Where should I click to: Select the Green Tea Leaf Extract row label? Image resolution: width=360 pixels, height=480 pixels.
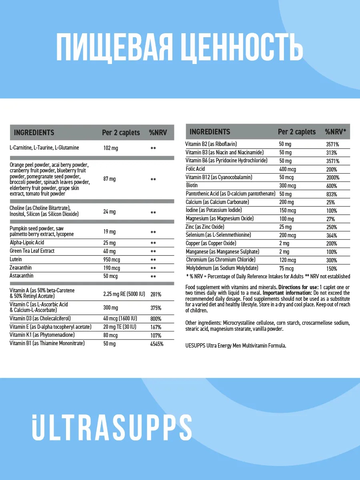click(32, 251)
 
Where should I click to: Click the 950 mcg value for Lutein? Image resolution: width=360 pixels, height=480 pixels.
click(112, 260)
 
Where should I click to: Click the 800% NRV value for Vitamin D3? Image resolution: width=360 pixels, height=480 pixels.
click(156, 319)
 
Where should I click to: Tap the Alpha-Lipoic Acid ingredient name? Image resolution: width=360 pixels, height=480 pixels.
click(27, 242)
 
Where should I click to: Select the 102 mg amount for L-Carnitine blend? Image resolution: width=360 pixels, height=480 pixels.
click(111, 148)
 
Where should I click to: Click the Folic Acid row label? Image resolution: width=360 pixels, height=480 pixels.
click(195, 169)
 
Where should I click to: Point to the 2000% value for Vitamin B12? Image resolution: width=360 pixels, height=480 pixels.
click(332, 178)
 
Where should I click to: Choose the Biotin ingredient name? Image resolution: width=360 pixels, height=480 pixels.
click(192, 186)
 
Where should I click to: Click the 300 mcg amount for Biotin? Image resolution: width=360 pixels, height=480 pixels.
click(288, 186)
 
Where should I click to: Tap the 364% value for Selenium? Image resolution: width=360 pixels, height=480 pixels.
click(332, 236)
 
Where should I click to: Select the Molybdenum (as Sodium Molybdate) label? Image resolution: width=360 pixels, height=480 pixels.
click(222, 268)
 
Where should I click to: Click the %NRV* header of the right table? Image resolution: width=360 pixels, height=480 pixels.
click(335, 132)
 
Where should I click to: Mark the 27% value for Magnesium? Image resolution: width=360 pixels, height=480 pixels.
click(330, 219)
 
